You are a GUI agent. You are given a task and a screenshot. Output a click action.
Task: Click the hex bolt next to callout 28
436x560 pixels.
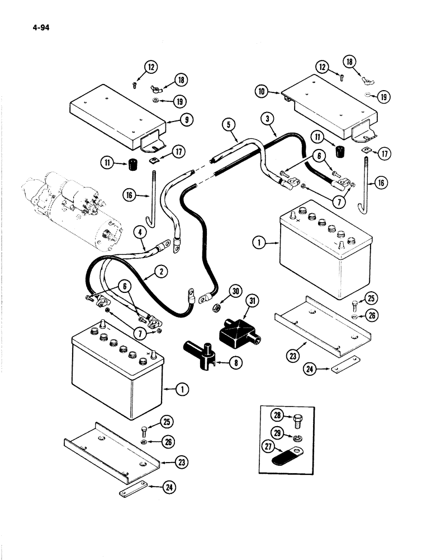coord(296,417)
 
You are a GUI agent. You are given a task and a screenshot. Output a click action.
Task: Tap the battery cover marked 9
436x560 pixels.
coord(117,118)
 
